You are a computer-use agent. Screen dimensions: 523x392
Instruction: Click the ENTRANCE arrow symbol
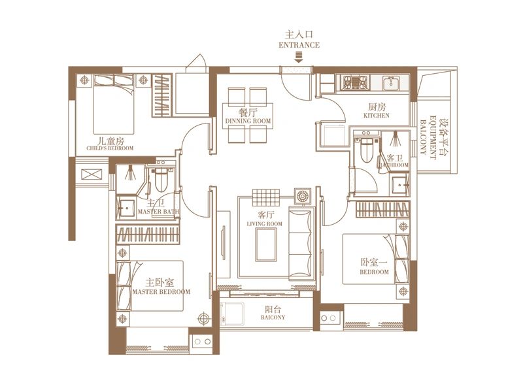click(x=299, y=58)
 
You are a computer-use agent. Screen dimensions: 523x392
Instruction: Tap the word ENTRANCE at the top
click(x=299, y=45)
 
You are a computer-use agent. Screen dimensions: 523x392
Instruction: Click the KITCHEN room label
click(x=377, y=116)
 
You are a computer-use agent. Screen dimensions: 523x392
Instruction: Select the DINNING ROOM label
click(x=248, y=121)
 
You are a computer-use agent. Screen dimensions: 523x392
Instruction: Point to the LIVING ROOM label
click(x=265, y=223)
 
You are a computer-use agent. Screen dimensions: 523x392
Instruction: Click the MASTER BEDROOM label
click(x=161, y=291)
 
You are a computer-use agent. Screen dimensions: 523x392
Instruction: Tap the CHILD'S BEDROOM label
click(x=110, y=148)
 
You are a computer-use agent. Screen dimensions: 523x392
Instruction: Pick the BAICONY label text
click(x=273, y=317)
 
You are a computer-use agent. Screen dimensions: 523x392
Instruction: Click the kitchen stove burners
click(x=356, y=83)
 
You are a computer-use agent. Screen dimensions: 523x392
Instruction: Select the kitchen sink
click(x=390, y=83)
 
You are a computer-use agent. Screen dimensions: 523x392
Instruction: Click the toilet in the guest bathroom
click(x=366, y=150)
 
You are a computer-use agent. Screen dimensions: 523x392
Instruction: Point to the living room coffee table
click(x=266, y=244)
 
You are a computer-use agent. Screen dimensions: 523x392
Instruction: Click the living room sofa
click(x=301, y=244)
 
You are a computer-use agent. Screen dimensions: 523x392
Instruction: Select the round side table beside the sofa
click(x=303, y=197)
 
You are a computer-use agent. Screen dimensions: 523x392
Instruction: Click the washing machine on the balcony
click(x=233, y=314)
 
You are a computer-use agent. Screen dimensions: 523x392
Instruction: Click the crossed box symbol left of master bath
click(x=92, y=174)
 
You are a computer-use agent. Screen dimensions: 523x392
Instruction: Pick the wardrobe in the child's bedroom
click(x=162, y=95)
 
